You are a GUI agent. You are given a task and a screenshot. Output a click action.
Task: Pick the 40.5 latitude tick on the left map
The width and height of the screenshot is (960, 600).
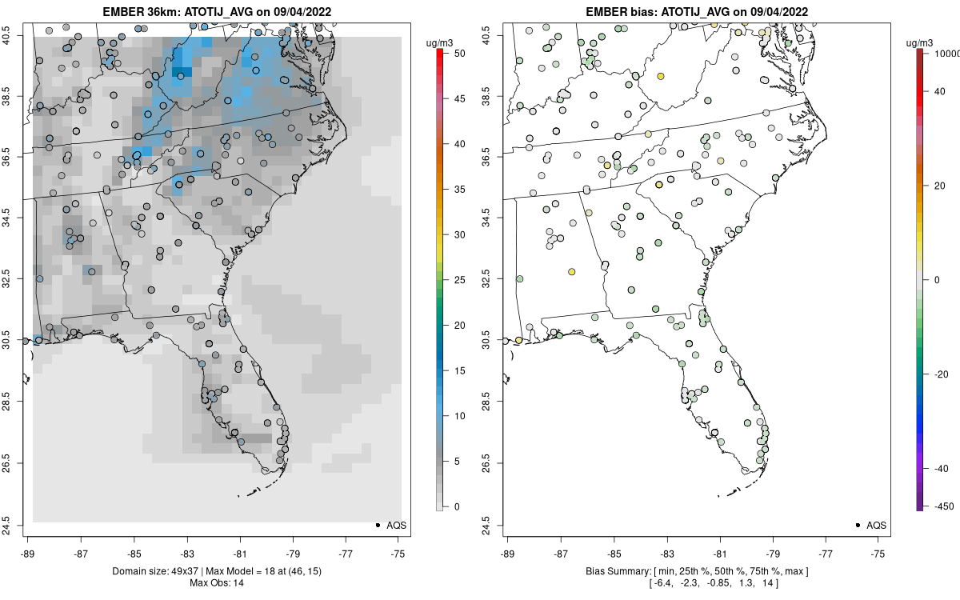tap(16, 34)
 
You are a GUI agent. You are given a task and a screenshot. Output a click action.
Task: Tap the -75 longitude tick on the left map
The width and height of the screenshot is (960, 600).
tap(399, 552)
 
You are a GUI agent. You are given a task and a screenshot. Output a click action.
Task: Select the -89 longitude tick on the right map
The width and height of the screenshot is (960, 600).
tap(508, 552)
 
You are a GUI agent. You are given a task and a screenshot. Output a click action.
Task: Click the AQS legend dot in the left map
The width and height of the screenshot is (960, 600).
tap(377, 525)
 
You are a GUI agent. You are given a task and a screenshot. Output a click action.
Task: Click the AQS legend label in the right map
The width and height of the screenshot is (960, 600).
tap(878, 525)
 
